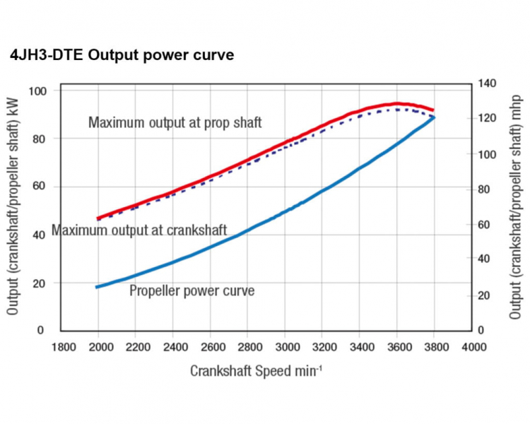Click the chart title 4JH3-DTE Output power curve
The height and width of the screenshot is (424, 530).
[x=122, y=55]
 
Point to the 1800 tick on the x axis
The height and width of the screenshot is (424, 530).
[x=64, y=346]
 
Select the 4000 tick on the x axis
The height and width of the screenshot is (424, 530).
[x=473, y=346]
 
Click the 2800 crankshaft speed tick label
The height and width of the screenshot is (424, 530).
[x=249, y=346]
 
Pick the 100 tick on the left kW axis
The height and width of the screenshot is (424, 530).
[x=37, y=91]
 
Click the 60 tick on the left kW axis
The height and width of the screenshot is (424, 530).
[x=40, y=187]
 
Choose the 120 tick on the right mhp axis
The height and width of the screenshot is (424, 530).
[x=487, y=119]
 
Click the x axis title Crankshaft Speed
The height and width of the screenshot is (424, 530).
[x=256, y=371]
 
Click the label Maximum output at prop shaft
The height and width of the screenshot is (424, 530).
[x=175, y=123]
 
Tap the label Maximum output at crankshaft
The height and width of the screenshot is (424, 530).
[x=139, y=231]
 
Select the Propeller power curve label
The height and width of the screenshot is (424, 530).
[x=192, y=290]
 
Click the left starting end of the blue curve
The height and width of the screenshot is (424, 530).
[x=98, y=286]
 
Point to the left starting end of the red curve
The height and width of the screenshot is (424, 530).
[x=98, y=218]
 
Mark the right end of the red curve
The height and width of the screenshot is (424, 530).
[x=432, y=110]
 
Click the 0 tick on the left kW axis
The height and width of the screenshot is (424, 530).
[x=41, y=330]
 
